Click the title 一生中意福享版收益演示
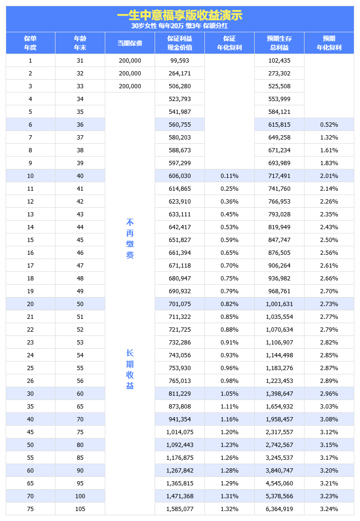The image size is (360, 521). coord(179,15)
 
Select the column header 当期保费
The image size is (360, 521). coord(129,43)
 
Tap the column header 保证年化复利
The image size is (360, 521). coord(229,43)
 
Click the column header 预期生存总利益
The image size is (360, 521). coord(279,43)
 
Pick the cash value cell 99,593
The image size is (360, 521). coord(179,61)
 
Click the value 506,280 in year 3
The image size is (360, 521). coord(179,86)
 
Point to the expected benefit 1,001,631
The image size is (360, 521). coord(279,304)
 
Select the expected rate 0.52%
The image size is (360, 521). coord(329,125)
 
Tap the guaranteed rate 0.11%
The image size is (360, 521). coord(229,176)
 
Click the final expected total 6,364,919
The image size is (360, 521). coord(279,509)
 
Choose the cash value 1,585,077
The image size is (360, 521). coord(179,509)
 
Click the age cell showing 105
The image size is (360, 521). coord(80,509)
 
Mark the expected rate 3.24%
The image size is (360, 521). coord(329,509)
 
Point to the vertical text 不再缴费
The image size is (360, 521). coord(130,239)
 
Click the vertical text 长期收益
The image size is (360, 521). coord(130,369)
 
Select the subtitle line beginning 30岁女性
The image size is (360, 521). coord(179,26)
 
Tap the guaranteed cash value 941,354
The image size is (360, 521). coord(179,419)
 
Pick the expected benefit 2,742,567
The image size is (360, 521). coord(279,445)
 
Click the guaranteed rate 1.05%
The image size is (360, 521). coord(229,394)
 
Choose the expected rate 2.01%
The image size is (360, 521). coord(329,176)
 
